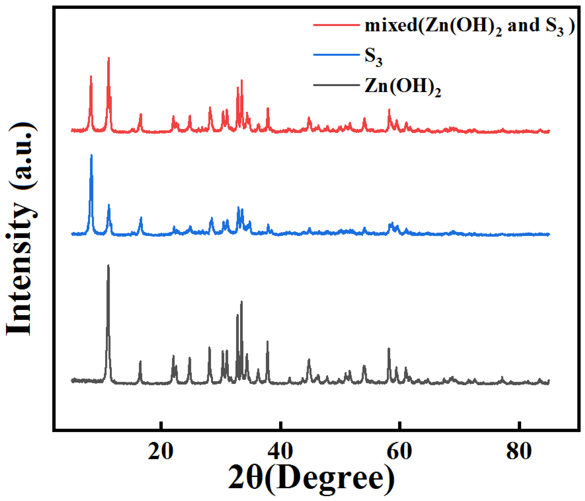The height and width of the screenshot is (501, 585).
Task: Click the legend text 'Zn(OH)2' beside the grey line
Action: [x=402, y=87]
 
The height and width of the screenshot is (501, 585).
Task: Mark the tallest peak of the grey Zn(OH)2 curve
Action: [x=108, y=266]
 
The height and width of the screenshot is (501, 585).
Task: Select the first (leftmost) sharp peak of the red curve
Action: [x=91, y=76]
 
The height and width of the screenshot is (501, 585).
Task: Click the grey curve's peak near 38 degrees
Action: [x=267, y=342]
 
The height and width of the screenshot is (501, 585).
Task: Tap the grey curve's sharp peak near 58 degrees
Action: [x=389, y=349]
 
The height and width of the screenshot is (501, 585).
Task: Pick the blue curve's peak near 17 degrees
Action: [x=141, y=218]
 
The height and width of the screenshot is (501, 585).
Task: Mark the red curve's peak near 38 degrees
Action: [x=268, y=108]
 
